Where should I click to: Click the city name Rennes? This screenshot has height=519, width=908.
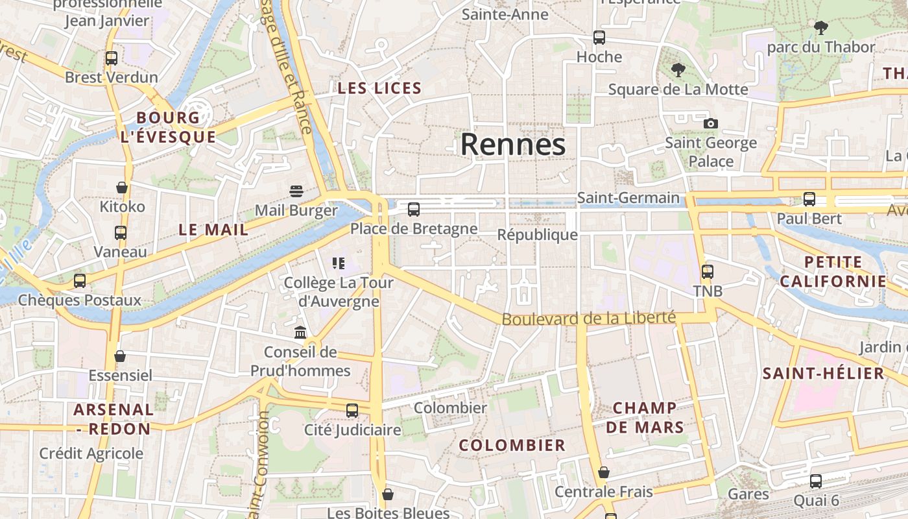(513, 144)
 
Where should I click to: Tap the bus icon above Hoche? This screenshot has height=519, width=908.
(599, 38)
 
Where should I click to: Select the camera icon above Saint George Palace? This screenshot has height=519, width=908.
(710, 123)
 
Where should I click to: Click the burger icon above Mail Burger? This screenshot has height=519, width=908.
(296, 191)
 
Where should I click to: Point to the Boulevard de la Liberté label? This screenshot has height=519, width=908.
(588, 319)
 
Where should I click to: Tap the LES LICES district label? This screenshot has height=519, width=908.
(379, 88)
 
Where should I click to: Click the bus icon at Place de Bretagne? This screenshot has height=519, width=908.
(413, 209)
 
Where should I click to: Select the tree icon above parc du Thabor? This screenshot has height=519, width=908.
(820, 27)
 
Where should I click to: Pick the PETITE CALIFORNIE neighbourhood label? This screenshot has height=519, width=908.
(833, 272)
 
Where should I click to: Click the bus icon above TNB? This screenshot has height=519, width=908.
(707, 272)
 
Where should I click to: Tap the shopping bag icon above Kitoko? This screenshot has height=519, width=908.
(122, 187)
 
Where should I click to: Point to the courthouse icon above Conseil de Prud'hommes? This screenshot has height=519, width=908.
(300, 333)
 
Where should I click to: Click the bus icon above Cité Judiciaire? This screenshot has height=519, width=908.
(352, 410)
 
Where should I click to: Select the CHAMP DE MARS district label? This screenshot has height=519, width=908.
(645, 417)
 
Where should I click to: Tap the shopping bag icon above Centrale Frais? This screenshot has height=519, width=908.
(603, 472)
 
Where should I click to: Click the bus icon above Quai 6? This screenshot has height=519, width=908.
(815, 481)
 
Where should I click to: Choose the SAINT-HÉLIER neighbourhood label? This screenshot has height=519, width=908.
(823, 373)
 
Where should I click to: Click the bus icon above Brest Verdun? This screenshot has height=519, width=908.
(111, 58)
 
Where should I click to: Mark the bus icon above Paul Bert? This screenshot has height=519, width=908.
(809, 199)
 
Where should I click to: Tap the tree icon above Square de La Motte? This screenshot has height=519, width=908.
(678, 69)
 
